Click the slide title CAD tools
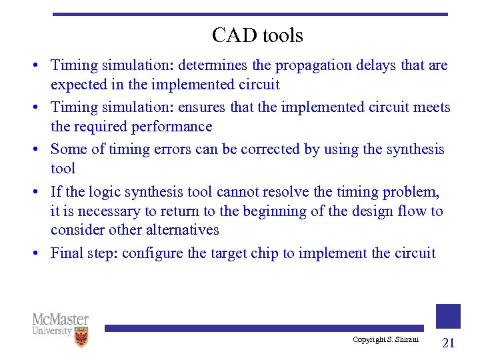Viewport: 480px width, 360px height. [x=257, y=35]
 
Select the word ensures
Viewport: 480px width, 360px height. [x=203, y=107]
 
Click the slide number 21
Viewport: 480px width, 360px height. [x=448, y=343]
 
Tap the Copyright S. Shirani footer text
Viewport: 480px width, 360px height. [x=385, y=340]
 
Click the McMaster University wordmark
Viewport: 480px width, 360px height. [x=60, y=325]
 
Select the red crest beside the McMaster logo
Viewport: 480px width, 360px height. [x=81, y=338]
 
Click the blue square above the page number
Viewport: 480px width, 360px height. [x=448, y=316]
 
